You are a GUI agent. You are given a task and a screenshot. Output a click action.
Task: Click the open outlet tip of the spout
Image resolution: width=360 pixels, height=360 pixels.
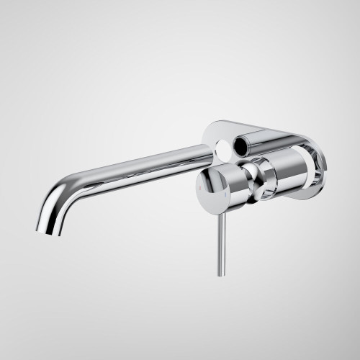pos(44,230)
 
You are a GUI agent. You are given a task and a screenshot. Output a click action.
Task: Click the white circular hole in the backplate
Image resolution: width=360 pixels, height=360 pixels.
pos(228,148)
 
